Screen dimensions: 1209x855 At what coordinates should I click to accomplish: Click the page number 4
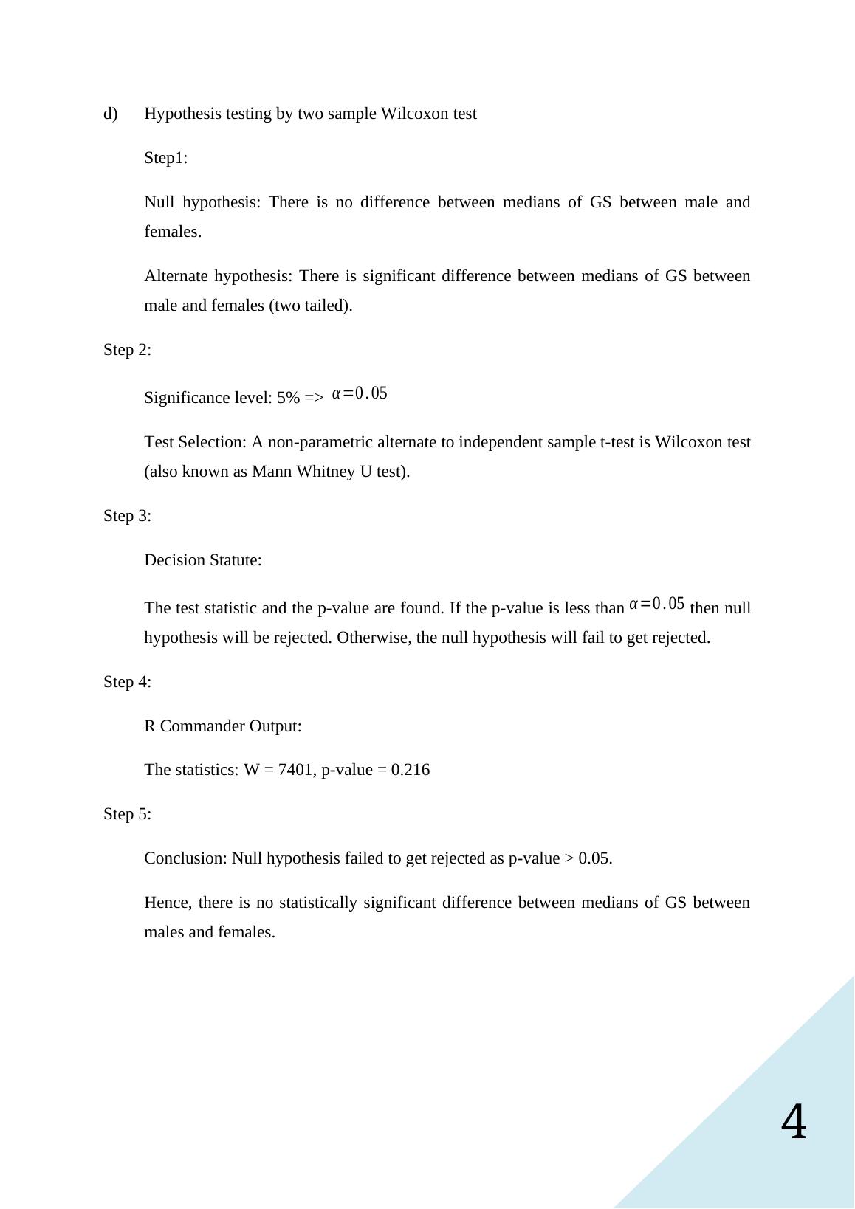pyautogui.click(x=794, y=1123)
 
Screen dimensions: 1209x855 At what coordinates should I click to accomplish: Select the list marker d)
pyautogui.click(x=110, y=114)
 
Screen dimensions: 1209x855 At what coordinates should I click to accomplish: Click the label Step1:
pyautogui.click(x=166, y=158)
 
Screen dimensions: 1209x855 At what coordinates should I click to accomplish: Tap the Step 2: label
pyautogui.click(x=127, y=350)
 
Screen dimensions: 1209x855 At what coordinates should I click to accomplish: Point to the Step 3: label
pyautogui.click(x=127, y=516)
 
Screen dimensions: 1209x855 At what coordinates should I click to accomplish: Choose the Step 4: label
pyautogui.click(x=127, y=682)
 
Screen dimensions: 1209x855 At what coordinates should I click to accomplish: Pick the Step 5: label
pyautogui.click(x=127, y=814)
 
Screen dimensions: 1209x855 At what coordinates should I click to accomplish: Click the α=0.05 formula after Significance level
pyautogui.click(x=360, y=393)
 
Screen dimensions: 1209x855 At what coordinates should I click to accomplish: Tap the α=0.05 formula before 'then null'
pyautogui.click(x=656, y=604)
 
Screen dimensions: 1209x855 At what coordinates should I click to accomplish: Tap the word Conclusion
pyautogui.click(x=185, y=858)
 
